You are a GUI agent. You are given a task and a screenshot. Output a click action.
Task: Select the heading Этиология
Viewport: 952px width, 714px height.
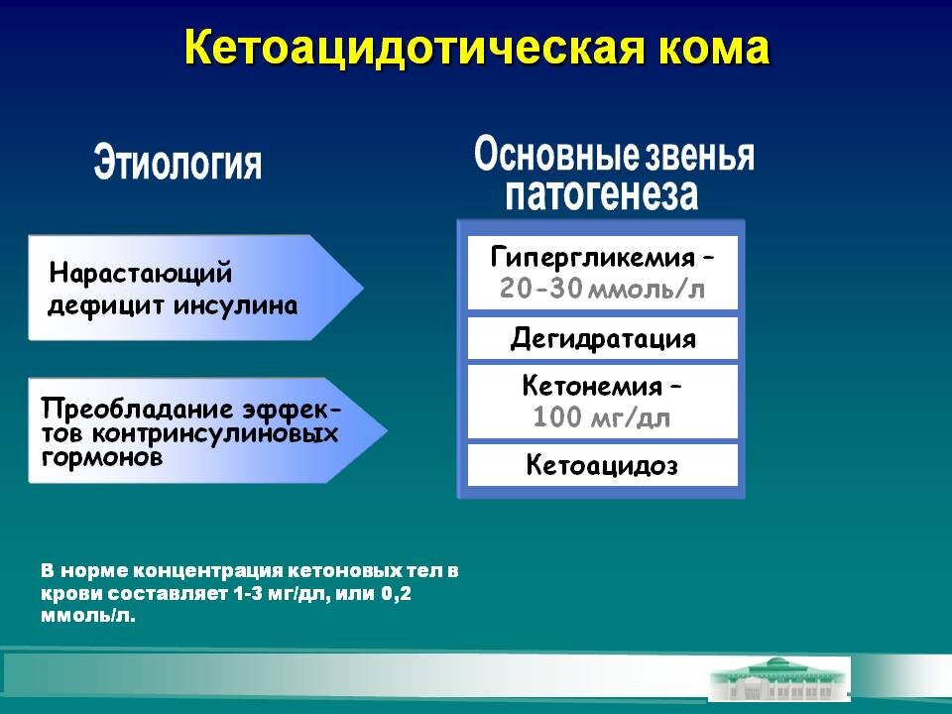[x=178, y=162]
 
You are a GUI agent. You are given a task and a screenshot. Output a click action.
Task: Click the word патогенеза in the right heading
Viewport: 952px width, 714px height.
[x=602, y=193]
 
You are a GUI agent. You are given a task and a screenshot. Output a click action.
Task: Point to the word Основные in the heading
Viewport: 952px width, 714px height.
[x=555, y=155]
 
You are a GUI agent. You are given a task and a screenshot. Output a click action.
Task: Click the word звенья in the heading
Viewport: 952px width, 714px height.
[x=700, y=156]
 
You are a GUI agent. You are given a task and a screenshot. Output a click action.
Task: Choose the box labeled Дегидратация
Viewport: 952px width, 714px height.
[x=603, y=339]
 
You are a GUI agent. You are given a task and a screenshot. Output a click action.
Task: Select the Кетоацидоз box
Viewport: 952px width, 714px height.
[x=603, y=465]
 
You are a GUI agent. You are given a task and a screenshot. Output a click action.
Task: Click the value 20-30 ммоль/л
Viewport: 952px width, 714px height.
[x=603, y=290]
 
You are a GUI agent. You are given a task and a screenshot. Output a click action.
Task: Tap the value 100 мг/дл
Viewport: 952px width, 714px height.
[x=602, y=417]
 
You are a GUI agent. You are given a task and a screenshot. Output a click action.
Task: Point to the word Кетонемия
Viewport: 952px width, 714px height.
[x=592, y=385]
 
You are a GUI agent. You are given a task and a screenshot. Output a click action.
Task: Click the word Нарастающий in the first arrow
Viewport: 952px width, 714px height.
[x=140, y=272]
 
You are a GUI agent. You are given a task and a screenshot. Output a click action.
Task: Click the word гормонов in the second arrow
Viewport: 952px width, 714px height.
[x=101, y=459]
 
